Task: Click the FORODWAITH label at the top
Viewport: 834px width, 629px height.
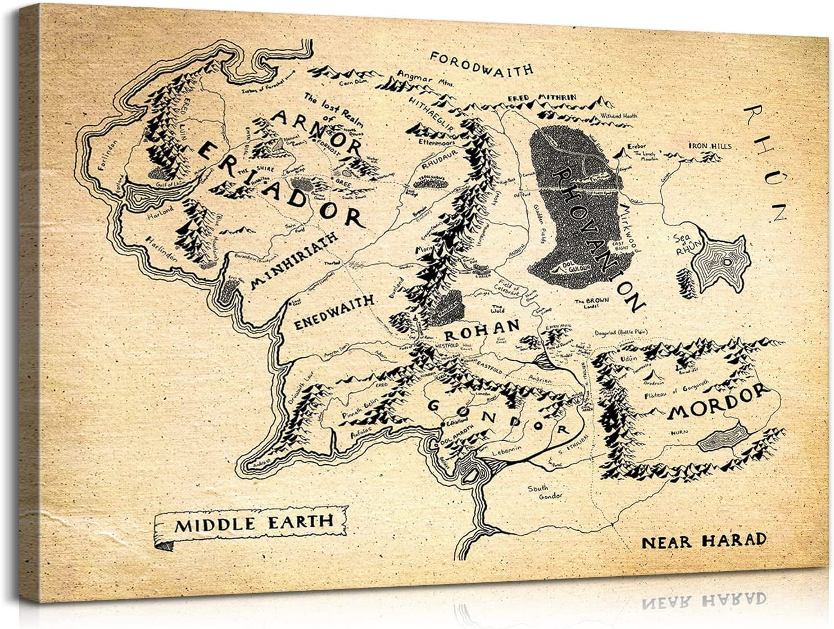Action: (481, 63)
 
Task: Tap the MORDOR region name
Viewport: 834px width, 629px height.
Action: (718, 403)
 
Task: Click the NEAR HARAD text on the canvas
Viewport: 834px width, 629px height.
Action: (704, 541)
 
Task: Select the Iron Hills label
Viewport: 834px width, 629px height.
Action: (710, 146)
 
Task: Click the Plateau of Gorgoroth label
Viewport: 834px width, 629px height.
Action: (677, 391)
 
